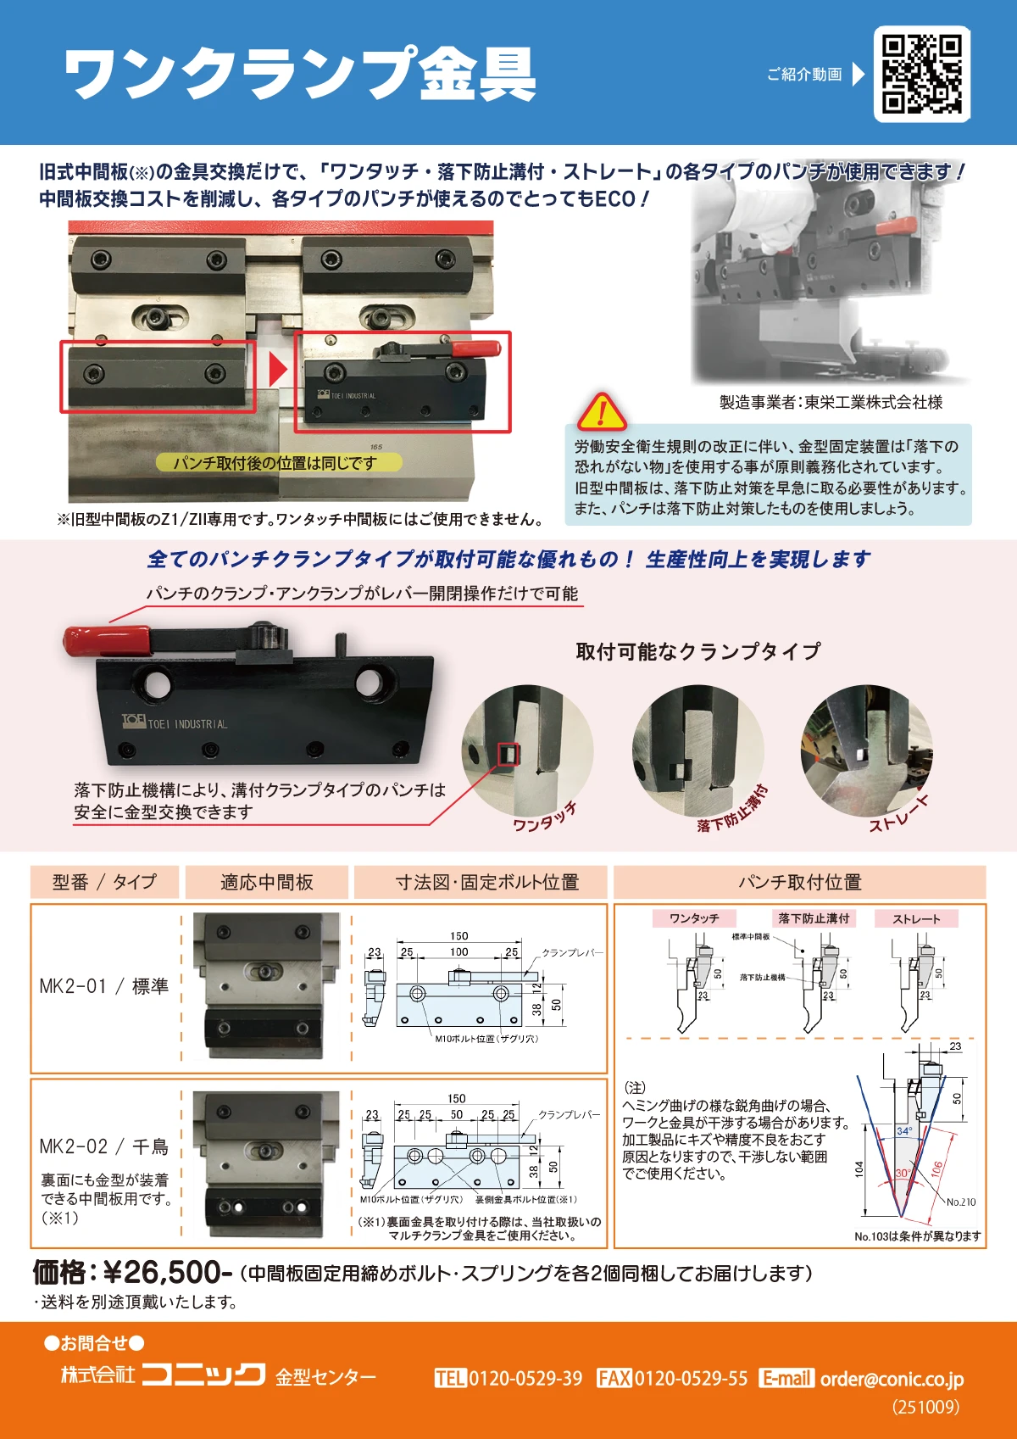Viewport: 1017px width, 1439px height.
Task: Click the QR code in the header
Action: click(921, 74)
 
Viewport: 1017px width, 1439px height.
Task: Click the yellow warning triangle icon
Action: click(602, 412)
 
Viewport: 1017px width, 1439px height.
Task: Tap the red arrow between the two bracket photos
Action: click(277, 369)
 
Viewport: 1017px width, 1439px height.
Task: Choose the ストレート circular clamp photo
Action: click(866, 749)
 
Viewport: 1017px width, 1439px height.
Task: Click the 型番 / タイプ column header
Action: click(104, 882)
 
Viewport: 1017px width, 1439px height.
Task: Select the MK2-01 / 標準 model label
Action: click(103, 986)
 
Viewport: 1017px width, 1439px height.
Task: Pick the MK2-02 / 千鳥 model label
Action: click(103, 1146)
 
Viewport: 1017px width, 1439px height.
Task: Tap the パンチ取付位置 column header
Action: click(799, 882)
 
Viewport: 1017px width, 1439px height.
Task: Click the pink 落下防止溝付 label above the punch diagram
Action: click(813, 918)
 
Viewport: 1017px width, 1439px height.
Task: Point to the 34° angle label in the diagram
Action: click(904, 1131)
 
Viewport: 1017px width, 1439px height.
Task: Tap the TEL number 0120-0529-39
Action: click(525, 1379)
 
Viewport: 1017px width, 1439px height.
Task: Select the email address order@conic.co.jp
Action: click(892, 1379)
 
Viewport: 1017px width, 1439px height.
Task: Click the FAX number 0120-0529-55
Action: click(691, 1379)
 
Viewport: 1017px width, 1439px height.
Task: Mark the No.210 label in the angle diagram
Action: click(960, 1202)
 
